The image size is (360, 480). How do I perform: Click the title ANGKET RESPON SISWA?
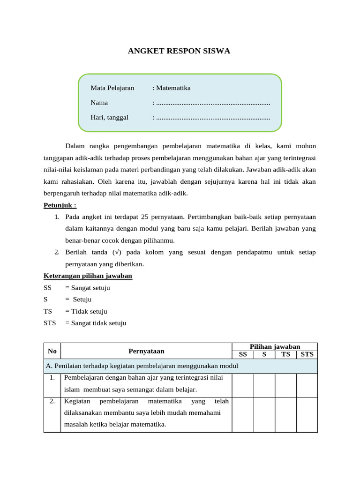coord(179,51)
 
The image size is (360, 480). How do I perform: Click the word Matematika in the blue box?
coord(173,88)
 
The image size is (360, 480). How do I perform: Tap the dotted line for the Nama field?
coord(213,103)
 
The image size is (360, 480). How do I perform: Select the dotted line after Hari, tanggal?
coord(213,117)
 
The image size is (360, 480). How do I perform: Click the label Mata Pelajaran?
coord(112,88)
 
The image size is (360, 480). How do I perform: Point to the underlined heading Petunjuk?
coord(60,205)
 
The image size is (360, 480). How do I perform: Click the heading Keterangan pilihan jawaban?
coord(88,276)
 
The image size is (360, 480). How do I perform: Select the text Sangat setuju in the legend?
coord(90,288)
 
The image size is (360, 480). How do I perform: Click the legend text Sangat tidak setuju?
coord(98,323)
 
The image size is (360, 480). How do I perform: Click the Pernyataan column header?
coord(146,351)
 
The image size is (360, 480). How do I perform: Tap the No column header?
coord(52,351)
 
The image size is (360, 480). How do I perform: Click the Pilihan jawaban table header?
coord(275,346)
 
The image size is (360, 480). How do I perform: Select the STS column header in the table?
coord(307,354)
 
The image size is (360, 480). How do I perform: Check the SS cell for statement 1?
coord(243,385)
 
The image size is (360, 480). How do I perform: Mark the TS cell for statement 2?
coord(285,414)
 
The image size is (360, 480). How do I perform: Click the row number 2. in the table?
coord(52,401)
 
